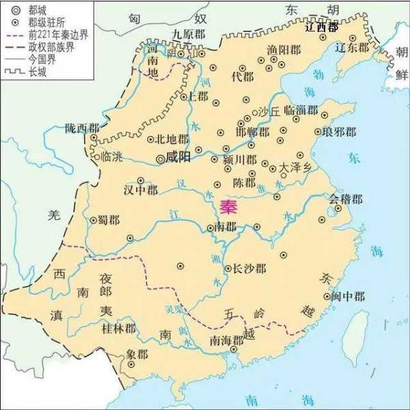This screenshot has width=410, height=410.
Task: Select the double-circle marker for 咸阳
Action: coord(161,159)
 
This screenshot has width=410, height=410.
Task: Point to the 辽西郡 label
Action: coord(321,28)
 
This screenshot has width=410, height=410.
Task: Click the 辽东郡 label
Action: coord(351,48)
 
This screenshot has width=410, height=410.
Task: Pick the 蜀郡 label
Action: coord(111,219)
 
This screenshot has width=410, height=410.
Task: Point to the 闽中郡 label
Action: coord(348,297)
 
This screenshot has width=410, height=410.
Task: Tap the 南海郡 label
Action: coord(226,340)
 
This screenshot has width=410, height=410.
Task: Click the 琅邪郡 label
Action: coord(340,132)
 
